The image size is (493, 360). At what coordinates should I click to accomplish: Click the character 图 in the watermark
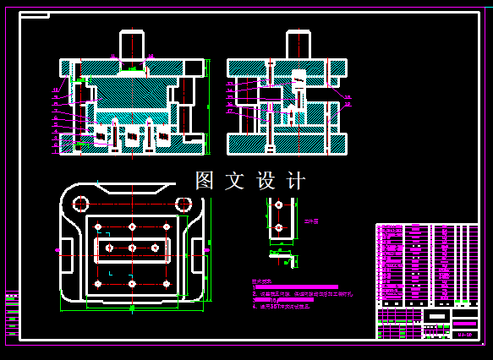pyautogui.click(x=205, y=181)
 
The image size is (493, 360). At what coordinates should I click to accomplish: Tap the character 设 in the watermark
pyautogui.click(x=266, y=181)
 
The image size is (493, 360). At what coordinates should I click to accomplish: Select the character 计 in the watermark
pyautogui.click(x=296, y=181)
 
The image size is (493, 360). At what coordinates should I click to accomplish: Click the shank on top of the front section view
pyautogui.click(x=132, y=44)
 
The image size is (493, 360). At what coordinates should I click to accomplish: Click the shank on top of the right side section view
pyautogui.click(x=298, y=44)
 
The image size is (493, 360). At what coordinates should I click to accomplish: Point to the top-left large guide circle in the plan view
pyautogui.click(x=81, y=204)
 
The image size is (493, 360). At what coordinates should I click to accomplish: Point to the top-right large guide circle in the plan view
pyautogui.click(x=183, y=204)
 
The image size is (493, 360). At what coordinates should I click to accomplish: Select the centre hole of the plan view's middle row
pyautogui.click(x=132, y=248)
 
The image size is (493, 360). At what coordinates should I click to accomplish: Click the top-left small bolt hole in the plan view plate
pyautogui.click(x=100, y=226)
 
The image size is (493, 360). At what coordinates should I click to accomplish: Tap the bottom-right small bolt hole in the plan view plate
pyautogui.click(x=166, y=284)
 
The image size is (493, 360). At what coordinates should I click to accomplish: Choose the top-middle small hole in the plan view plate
pyautogui.click(x=132, y=226)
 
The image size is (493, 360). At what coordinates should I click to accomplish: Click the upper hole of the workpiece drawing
pyautogui.click(x=278, y=205)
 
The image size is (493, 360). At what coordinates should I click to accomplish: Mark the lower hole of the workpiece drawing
pyautogui.click(x=278, y=226)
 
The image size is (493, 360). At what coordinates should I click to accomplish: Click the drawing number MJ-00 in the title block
pyautogui.click(x=464, y=335)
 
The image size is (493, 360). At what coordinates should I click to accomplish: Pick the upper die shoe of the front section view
pyautogui.click(x=132, y=67)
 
